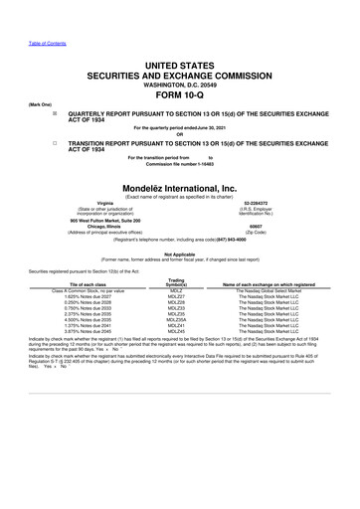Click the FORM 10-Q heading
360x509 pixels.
(x=180, y=95)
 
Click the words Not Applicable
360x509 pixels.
(x=180, y=252)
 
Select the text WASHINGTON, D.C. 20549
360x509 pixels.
(x=180, y=84)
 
